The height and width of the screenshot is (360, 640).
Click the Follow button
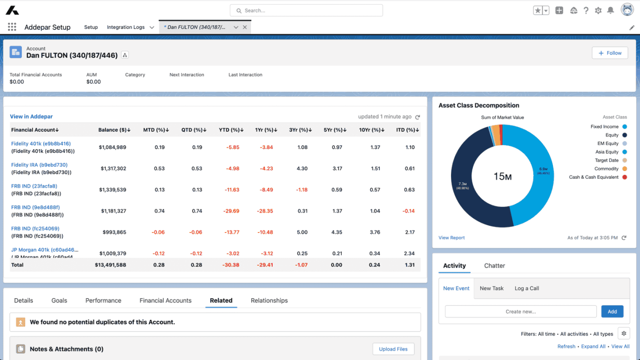[x=610, y=53]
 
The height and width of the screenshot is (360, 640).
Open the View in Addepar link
[x=31, y=116]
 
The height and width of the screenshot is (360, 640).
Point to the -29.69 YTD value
[x=232, y=211]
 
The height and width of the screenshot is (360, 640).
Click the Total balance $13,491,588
[x=111, y=265]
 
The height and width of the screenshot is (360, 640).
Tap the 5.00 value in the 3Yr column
[x=302, y=232]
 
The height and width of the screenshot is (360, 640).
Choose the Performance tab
[x=103, y=301]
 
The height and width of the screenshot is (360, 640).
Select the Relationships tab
[x=269, y=301]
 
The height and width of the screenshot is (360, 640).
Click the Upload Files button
[x=393, y=349]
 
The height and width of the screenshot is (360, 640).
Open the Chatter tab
[x=494, y=266]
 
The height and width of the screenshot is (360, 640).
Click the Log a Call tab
[x=526, y=288]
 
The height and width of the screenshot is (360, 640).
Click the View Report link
[x=451, y=238]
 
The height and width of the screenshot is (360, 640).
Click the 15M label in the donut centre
[x=502, y=177]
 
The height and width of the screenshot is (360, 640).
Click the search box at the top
[x=306, y=10]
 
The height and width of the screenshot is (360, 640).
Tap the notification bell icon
[x=611, y=10]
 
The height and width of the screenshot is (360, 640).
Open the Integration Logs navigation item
[x=126, y=27]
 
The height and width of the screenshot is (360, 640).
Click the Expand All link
[x=593, y=346]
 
